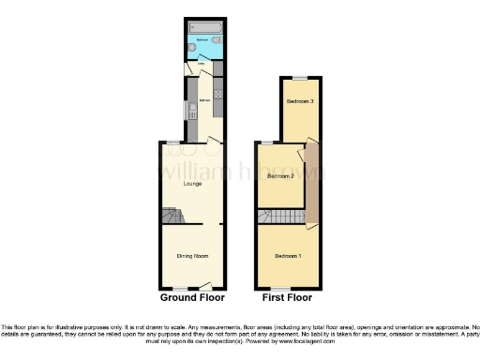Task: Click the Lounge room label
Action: click(192, 184)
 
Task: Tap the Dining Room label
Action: click(192, 256)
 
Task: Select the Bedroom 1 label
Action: click(288, 256)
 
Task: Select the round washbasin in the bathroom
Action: click(191, 46)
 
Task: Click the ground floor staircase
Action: click(172, 217)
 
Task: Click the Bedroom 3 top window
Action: click(298, 77)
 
